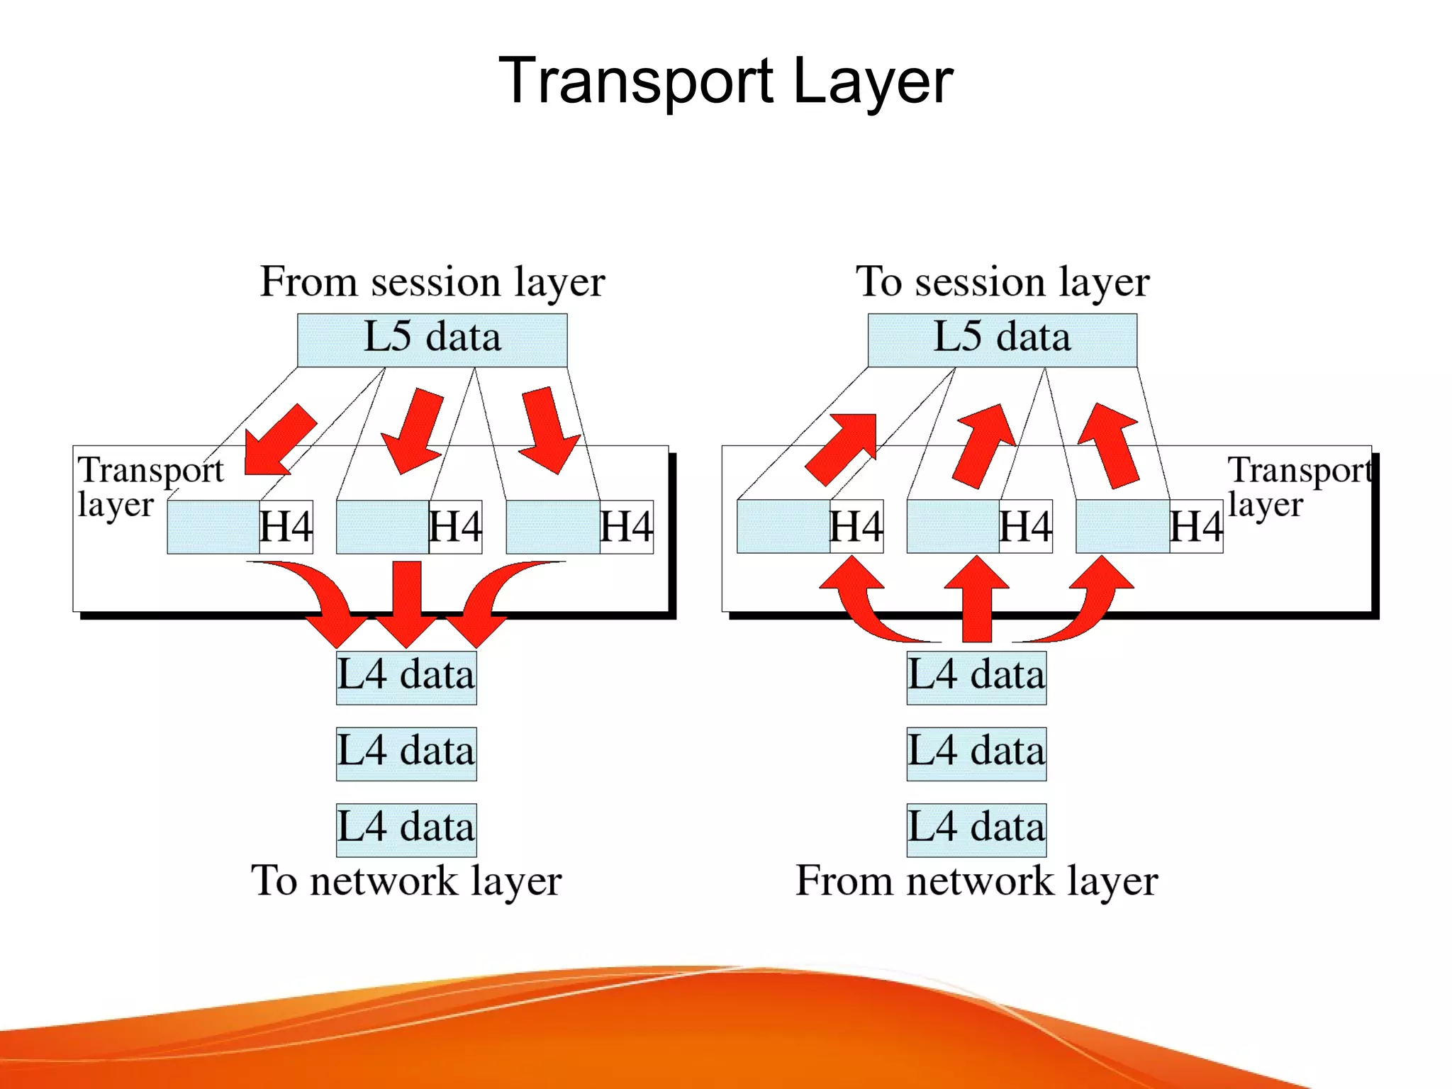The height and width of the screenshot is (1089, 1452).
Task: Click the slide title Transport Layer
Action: point(725,81)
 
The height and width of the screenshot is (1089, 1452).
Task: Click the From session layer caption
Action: point(432,281)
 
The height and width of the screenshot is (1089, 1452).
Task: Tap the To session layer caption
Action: point(1002,281)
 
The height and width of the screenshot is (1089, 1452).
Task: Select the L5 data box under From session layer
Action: point(432,340)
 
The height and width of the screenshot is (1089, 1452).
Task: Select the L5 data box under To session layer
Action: point(1002,340)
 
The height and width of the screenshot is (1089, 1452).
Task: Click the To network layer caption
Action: point(406,881)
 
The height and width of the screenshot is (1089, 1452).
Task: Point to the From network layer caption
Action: point(976,881)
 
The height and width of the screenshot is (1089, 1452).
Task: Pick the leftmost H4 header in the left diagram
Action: point(286,527)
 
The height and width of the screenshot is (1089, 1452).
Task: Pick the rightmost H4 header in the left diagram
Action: point(626,527)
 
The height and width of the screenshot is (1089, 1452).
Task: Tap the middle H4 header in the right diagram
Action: point(1025,527)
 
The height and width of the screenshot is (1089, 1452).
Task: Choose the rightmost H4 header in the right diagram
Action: point(1195,527)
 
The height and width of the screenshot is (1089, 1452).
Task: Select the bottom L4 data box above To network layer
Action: point(406,829)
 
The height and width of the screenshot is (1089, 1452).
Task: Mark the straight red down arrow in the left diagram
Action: point(407,603)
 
